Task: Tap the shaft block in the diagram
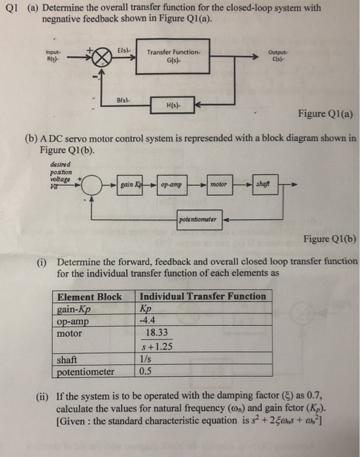coord(264,185)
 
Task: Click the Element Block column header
coord(90,296)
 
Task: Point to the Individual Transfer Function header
coord(203,296)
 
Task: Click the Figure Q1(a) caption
coord(325,115)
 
